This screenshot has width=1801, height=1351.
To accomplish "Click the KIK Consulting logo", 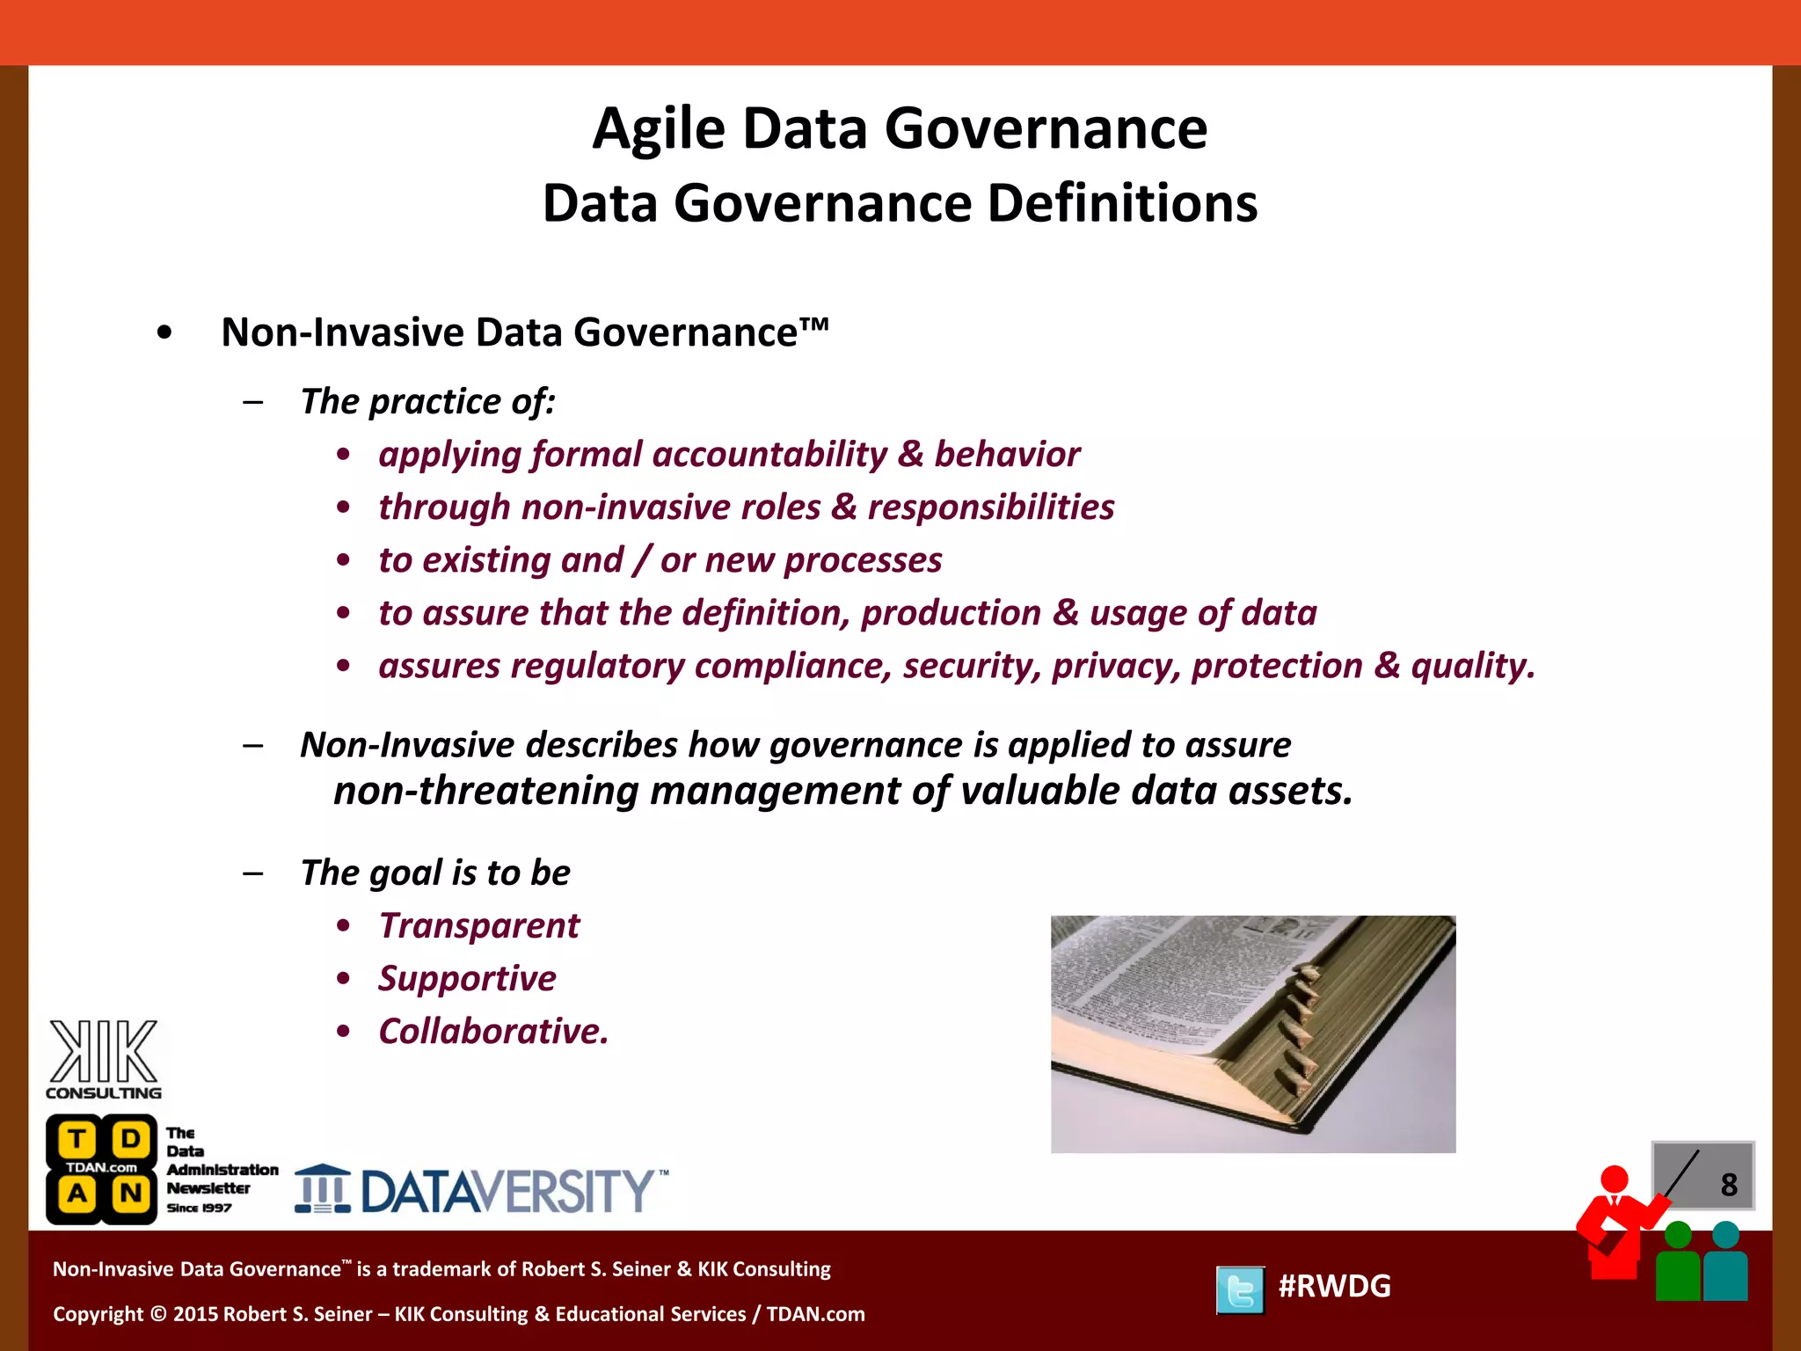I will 104,1059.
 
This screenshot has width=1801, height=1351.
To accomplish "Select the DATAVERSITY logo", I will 481,1190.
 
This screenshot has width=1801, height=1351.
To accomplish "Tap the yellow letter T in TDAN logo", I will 77,1139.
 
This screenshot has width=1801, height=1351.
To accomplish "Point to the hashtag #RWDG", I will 1334,1286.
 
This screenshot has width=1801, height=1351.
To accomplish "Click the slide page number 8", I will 1728,1185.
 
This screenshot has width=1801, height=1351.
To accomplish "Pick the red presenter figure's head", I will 1614,1179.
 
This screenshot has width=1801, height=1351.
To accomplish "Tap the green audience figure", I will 1678,1263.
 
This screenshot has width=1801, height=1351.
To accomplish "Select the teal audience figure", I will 1725,1263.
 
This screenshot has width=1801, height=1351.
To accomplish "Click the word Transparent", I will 478,925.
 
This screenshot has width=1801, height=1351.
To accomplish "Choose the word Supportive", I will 467,978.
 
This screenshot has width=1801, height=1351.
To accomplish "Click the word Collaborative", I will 492,1031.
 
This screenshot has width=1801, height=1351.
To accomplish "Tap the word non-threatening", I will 485,791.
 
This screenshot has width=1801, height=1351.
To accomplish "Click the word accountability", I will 769,455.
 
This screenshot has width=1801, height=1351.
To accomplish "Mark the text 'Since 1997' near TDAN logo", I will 200,1208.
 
